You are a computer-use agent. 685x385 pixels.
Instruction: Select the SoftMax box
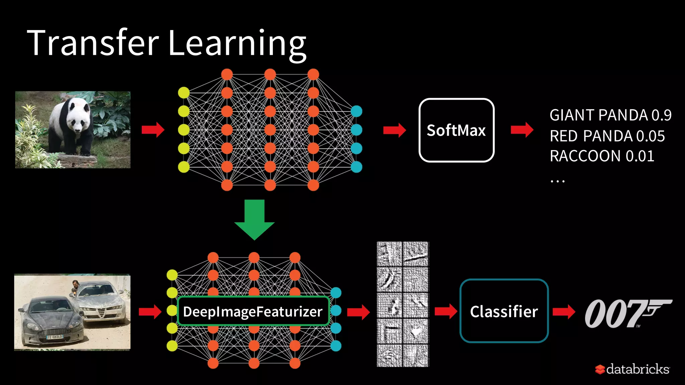(x=456, y=130)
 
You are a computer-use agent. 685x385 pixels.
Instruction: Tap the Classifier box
(x=504, y=311)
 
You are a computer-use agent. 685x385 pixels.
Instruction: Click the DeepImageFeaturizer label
(x=253, y=311)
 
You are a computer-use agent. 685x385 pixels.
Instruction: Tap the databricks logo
(x=632, y=369)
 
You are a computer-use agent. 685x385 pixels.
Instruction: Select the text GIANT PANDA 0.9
(x=610, y=115)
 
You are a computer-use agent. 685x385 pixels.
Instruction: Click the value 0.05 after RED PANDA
(x=650, y=136)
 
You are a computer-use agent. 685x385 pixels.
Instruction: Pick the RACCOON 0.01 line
(x=602, y=156)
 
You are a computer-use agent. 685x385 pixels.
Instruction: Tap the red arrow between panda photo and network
(x=153, y=130)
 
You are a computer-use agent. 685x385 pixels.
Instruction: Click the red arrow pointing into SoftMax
(x=394, y=130)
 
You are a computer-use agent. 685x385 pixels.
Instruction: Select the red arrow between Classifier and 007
(x=564, y=312)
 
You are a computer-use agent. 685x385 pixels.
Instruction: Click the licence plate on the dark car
(x=55, y=337)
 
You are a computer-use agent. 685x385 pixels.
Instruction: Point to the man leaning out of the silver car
(x=75, y=287)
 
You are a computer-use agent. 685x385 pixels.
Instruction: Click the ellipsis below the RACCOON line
(x=557, y=181)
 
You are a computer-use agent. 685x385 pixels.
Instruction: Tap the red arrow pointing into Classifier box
(x=446, y=312)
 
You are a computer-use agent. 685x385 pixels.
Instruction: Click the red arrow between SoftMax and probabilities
(x=522, y=130)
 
